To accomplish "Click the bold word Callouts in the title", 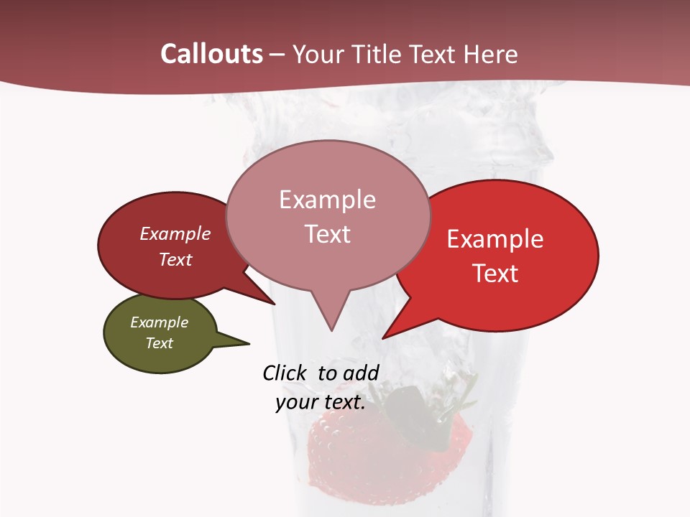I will (x=211, y=54).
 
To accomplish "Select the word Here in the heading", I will (x=489, y=55).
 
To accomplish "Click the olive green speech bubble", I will (x=160, y=333).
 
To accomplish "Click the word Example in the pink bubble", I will (x=327, y=200).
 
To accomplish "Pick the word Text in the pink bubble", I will (x=328, y=234).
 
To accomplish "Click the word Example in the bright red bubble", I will (x=495, y=239).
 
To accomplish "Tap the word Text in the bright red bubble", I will (x=495, y=274).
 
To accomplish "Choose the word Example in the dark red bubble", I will (x=175, y=233).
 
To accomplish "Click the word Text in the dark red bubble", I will (x=175, y=259).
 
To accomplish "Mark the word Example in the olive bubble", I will (x=159, y=322).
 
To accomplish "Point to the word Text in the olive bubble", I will (x=159, y=343).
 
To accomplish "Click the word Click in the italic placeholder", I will (x=284, y=373).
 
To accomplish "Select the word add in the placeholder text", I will (x=361, y=373).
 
